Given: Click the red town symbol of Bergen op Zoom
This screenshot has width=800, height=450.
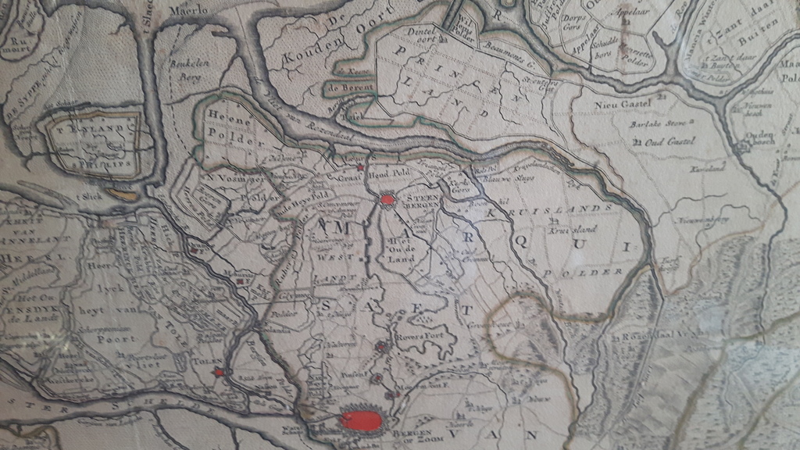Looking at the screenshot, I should tap(362, 421).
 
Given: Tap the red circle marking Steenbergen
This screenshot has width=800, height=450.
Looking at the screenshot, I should tap(387, 200).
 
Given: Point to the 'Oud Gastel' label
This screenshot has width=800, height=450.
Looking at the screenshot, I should tap(666, 142).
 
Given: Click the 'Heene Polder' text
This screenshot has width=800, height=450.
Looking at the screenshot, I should tap(230, 124).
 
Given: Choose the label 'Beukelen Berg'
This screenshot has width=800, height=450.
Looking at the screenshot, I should tap(187, 69).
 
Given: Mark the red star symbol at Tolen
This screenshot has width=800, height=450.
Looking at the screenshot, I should tap(220, 372).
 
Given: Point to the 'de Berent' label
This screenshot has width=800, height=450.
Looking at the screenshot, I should tap(352, 90).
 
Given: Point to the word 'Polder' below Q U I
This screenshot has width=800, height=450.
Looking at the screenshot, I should tap(593, 272).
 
